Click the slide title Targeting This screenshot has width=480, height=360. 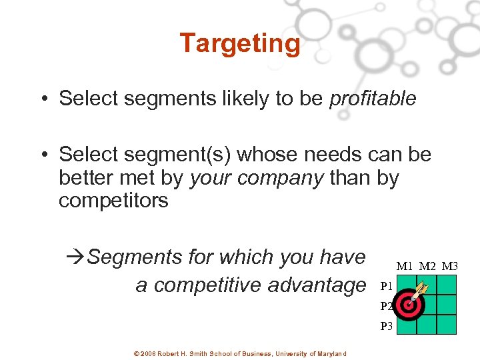(x=240, y=43)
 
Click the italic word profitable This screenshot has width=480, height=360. (x=373, y=99)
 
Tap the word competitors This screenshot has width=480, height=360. (x=113, y=201)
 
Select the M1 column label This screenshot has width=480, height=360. (x=405, y=267)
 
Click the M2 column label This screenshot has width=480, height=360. (x=427, y=267)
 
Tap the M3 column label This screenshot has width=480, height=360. (x=449, y=267)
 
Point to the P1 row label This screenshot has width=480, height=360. (x=386, y=287)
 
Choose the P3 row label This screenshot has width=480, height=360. (x=387, y=327)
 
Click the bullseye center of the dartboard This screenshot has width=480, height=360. (x=407, y=305)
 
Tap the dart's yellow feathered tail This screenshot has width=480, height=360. (x=424, y=286)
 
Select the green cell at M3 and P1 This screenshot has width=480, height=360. (x=447, y=285)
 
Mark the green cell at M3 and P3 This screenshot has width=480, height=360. (x=447, y=325)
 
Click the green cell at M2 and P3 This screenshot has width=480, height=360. (x=427, y=325)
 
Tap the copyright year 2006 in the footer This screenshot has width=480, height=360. (x=148, y=353)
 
